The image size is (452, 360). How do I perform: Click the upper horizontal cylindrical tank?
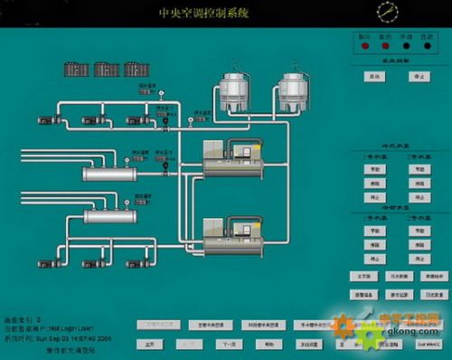point(109,173)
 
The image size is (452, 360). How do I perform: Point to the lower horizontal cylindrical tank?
point(109,216)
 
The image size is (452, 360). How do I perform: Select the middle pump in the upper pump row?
point(104,118)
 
